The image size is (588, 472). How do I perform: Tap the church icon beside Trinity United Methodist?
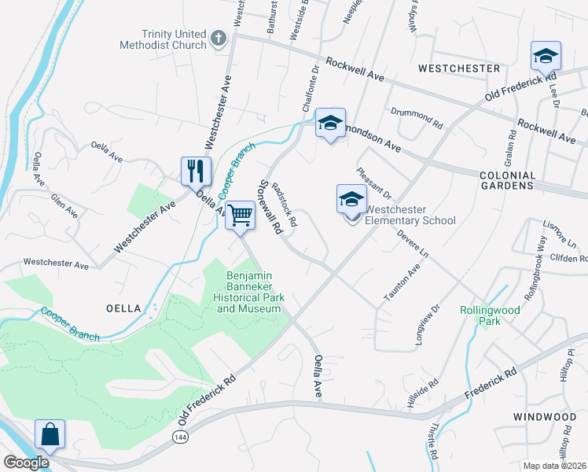[219, 37]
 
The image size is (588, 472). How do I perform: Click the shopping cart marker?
[240, 214]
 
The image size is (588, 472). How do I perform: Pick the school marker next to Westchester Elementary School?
[351, 199]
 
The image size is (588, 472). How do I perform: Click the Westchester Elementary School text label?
[410, 215]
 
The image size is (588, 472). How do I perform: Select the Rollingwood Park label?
[490, 315]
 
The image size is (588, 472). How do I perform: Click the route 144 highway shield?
[178, 434]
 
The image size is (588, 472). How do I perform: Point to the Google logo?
[25, 462]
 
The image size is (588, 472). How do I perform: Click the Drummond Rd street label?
[416, 116]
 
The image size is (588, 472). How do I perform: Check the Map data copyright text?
[554, 466]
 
